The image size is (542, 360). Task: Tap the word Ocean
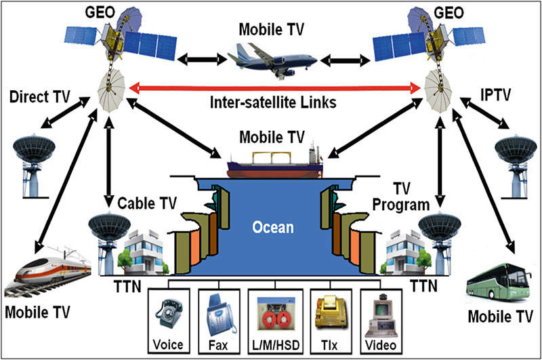(x=273, y=226)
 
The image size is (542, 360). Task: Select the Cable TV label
(x=148, y=203)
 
